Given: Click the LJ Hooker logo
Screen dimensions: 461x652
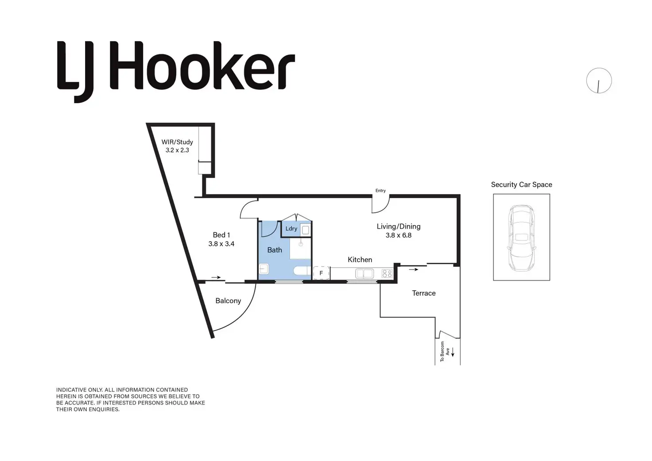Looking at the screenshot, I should (x=176, y=71).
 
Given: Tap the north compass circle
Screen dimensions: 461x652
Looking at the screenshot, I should (x=599, y=81).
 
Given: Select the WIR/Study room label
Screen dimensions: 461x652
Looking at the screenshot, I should (x=177, y=142).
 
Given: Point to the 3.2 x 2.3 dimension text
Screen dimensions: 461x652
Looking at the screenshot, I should (x=177, y=150).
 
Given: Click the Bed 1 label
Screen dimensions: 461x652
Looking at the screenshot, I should (x=221, y=235).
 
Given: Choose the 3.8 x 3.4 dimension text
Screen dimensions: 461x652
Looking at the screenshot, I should (x=221, y=244).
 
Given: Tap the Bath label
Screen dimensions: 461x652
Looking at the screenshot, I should (x=275, y=250).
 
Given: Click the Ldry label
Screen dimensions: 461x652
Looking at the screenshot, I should (x=291, y=229).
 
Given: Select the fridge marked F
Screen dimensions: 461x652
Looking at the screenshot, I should (x=321, y=273).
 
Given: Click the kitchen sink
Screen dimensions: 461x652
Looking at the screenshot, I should (x=365, y=274).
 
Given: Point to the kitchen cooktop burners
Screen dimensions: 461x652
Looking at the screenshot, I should (x=387, y=273).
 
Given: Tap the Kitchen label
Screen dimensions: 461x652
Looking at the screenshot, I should (x=360, y=260).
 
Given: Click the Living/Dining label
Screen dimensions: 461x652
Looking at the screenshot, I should (x=399, y=227).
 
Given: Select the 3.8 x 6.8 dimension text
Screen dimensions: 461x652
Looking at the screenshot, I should (x=399, y=235).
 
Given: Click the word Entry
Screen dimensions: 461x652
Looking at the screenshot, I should (x=380, y=191).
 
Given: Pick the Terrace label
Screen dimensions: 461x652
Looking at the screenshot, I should (x=424, y=293).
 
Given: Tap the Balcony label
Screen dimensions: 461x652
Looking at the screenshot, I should (x=228, y=301).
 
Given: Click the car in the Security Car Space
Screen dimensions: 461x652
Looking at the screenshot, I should (x=521, y=238).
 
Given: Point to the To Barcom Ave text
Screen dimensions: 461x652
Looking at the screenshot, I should (x=445, y=352).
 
